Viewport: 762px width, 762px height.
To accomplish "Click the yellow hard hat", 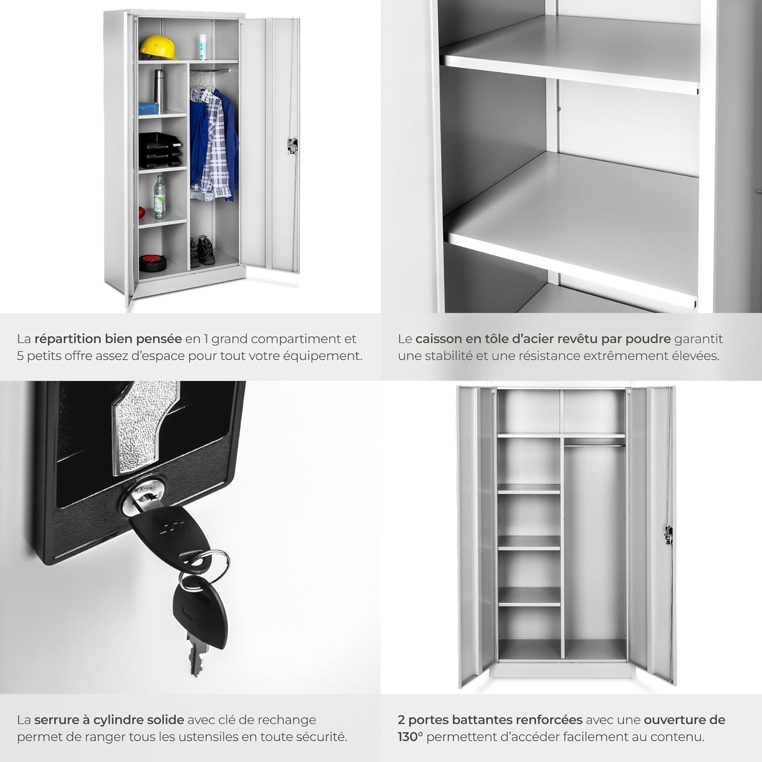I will [x=160, y=47].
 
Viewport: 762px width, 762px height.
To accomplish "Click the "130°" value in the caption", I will [x=410, y=737].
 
